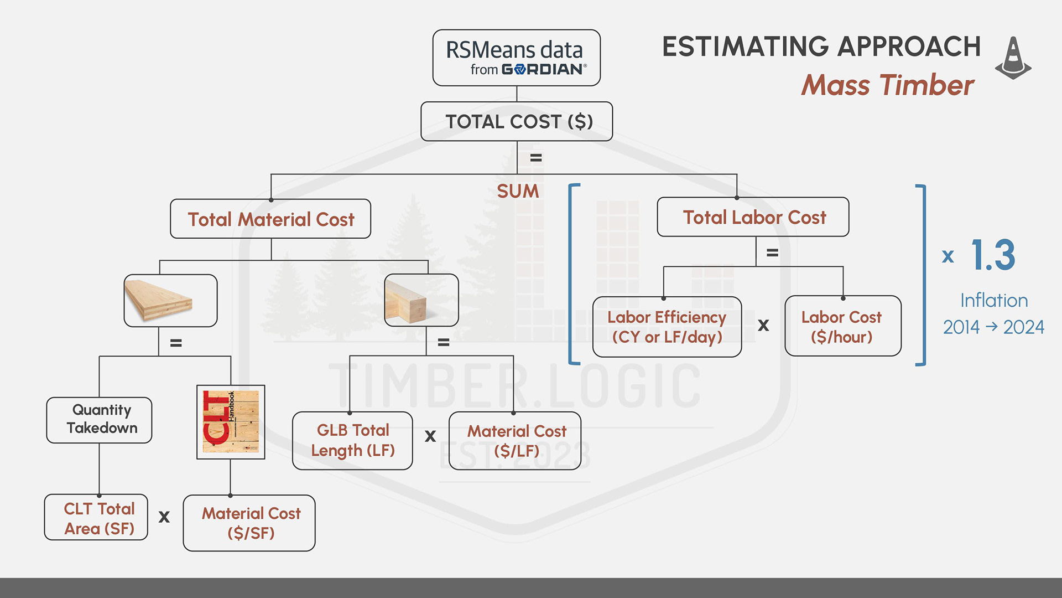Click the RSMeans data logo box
point(516,58)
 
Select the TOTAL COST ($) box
point(516,121)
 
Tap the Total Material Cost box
point(270,219)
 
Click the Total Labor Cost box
point(753,217)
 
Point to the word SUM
point(518,192)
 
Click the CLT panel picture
point(170,301)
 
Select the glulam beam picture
point(421,300)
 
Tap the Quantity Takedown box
point(100,420)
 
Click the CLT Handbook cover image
point(231,422)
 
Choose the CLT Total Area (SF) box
point(96,518)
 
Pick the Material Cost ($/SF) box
point(249,523)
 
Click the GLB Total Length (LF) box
point(352,441)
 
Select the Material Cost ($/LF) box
point(515,441)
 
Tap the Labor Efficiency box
point(667,327)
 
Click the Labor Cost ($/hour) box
point(842,326)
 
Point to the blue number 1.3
point(993,255)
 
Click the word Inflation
point(994,301)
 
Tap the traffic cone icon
point(1013,58)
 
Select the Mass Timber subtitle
point(887,85)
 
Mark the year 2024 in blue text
point(1023,327)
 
